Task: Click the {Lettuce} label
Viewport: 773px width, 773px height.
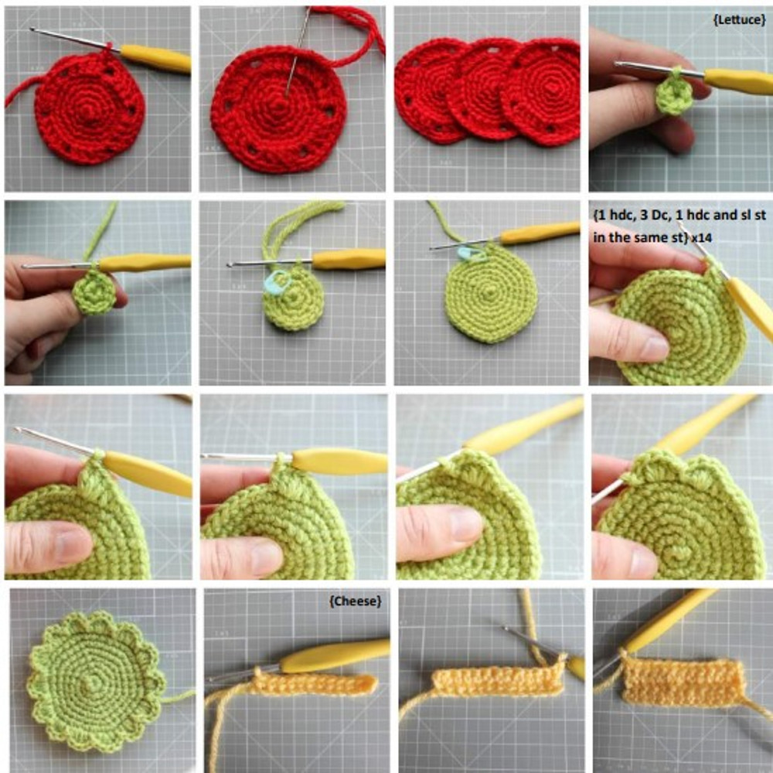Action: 739,20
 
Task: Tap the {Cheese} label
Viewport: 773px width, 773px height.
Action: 355,601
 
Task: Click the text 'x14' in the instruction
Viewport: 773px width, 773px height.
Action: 701,237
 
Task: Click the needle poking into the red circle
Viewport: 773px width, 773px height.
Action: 298,54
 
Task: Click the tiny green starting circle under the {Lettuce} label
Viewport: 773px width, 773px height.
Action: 673,93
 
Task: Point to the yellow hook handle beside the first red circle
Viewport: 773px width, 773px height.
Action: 155,58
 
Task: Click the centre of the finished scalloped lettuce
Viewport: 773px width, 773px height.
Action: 93,683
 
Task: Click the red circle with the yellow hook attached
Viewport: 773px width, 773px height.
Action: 90,108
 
